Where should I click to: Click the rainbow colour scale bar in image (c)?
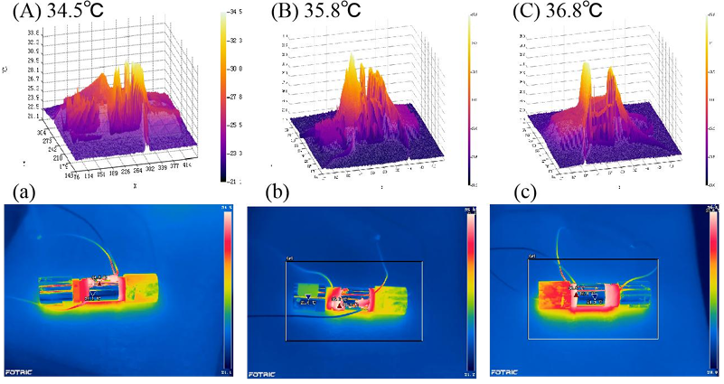pyautogui.click(x=714, y=289)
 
